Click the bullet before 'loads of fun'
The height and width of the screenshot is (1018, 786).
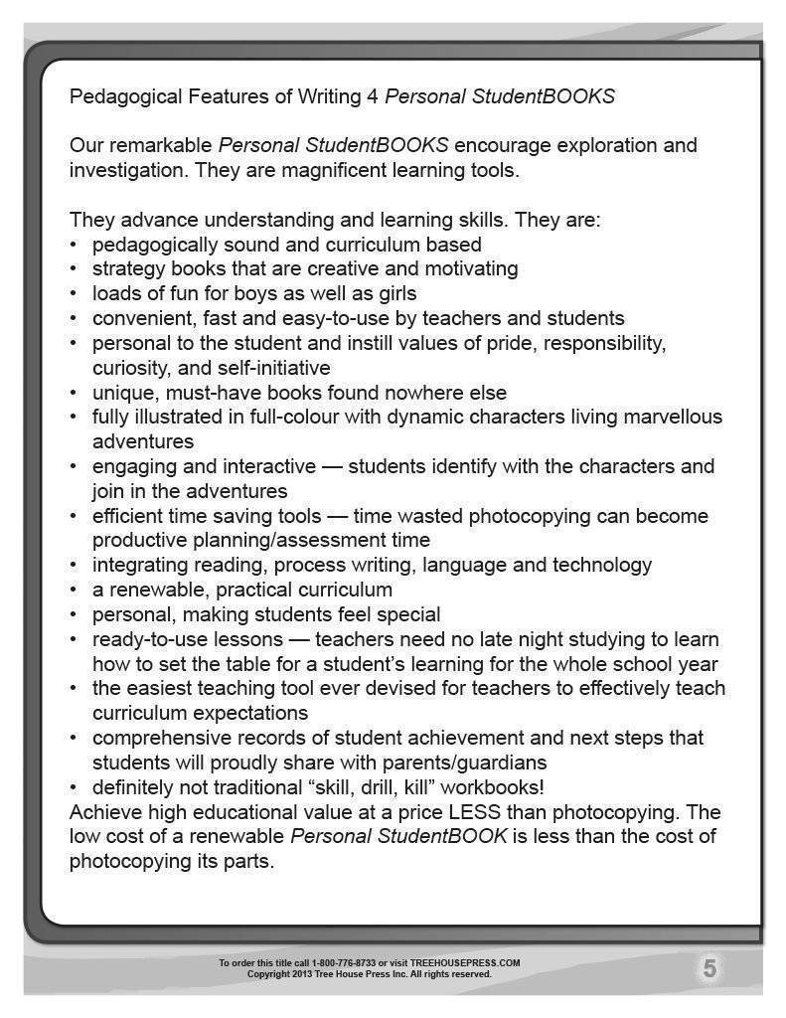pyautogui.click(x=74, y=294)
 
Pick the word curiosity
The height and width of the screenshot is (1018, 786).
pyautogui.click(x=127, y=368)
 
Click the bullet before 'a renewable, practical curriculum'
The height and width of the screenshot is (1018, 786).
pyautogui.click(x=74, y=591)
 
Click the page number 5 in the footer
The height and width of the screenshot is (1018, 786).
pyautogui.click(x=709, y=968)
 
